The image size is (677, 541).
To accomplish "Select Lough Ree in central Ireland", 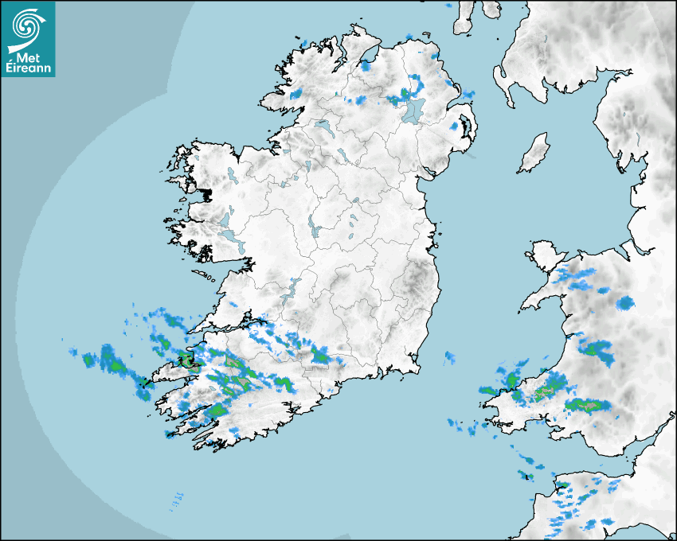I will tap(315, 227).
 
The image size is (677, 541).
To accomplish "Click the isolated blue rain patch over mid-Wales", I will tap(625, 302).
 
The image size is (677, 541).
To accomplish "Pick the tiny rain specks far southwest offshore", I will tap(176, 500).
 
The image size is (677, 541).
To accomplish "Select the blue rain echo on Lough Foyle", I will tap(366, 65).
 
